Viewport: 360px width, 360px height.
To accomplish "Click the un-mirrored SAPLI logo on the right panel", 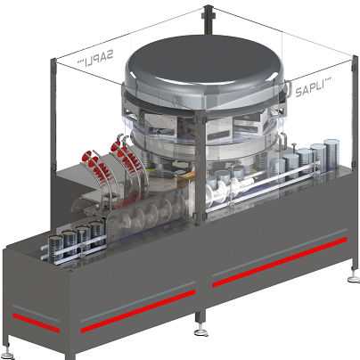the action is [313, 87].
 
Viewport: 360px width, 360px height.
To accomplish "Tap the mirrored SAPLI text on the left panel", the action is [95, 59].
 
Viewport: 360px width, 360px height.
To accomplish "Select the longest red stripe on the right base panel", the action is [280, 262].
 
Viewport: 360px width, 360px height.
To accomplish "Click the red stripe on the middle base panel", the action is [138, 311].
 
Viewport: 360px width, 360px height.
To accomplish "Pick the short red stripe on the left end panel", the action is [36, 323].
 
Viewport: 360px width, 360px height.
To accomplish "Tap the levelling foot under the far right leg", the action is [354, 279].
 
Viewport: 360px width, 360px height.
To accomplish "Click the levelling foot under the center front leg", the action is [201, 332].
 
